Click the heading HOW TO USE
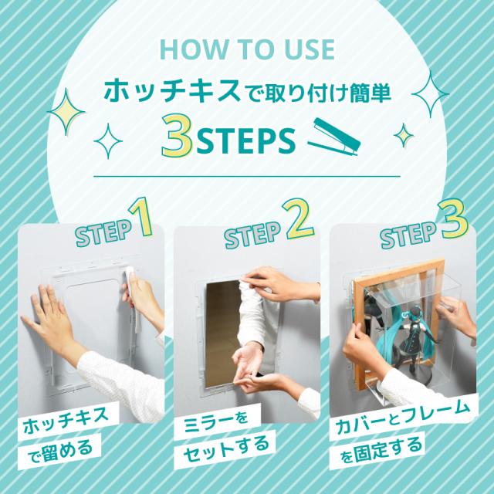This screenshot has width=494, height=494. point(247,49)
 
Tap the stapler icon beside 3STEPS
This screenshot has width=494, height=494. point(334,137)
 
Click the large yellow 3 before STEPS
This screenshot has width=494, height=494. point(177,136)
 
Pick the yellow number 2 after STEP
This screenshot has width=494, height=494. point(298,218)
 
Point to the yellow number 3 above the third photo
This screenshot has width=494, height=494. point(453,218)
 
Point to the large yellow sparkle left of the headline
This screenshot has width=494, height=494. point(66,112)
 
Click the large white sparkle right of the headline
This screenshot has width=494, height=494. point(431,94)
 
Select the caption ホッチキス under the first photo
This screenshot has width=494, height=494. point(66,421)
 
